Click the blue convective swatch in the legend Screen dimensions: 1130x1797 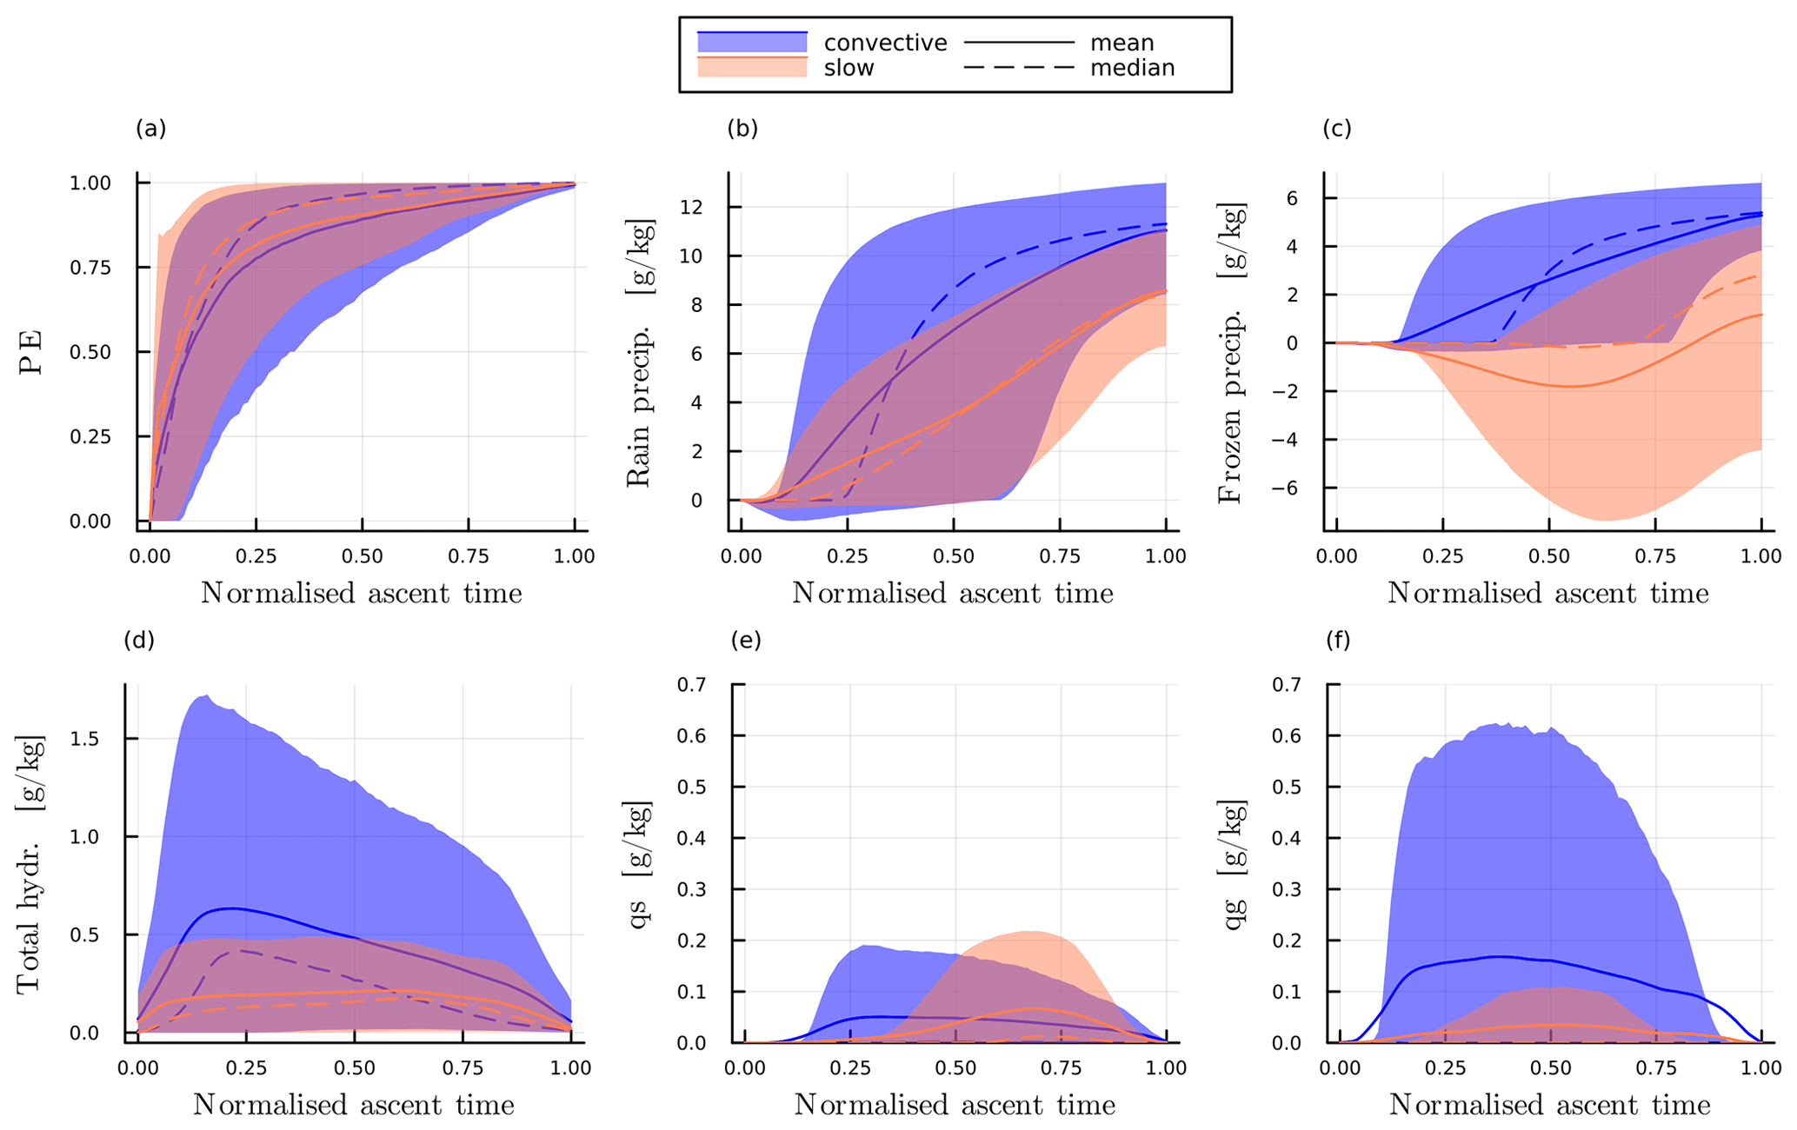[x=752, y=42]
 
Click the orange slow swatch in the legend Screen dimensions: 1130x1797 [x=752, y=67]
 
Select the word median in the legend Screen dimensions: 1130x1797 [x=1132, y=68]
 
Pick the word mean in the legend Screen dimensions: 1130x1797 [x=1121, y=43]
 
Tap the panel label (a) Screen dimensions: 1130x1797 [x=150, y=129]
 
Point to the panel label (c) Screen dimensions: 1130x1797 [x=1336, y=129]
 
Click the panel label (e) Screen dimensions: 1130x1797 [x=745, y=641]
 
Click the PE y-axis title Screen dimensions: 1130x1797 [x=31, y=351]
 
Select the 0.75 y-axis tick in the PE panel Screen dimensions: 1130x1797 [x=90, y=268]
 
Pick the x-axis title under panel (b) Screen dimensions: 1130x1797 [x=952, y=593]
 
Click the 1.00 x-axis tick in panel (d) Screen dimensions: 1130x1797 [x=570, y=1068]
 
